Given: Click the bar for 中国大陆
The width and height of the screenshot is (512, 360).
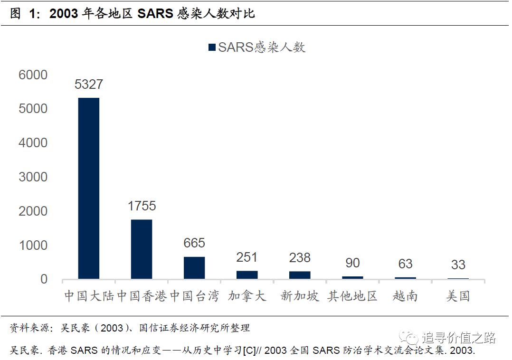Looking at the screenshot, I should pos(89,188).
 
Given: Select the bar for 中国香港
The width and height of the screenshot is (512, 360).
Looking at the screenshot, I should pos(142,249).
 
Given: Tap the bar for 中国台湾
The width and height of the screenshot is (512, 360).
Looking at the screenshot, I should pos(194,267).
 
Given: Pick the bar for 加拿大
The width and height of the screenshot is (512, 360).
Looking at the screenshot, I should pos(247,275).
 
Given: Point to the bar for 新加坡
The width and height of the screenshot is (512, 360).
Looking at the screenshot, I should pos(300,275).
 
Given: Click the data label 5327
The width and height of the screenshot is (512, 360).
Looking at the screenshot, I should pos(89,85).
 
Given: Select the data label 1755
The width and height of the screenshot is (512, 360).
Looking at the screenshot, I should pos(142,206).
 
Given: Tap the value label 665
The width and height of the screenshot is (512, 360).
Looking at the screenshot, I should pos(194,243).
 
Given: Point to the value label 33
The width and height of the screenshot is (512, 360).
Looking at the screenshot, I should pos(458,265).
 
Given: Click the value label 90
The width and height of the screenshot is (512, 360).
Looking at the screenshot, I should pos(352,263).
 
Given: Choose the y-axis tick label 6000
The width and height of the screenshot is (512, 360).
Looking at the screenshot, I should pos(33,75).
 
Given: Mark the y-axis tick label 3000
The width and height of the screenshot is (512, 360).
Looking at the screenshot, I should pos(33,177).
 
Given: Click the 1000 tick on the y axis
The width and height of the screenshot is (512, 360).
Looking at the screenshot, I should pos(33,245).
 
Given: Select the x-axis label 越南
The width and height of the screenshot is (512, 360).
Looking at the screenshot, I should pos(405,296).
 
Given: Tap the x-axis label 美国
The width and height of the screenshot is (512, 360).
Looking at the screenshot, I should pos(458,296).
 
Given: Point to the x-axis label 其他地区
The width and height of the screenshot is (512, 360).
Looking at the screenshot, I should pos(352,296).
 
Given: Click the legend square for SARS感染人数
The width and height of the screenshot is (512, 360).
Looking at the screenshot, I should pos(212,47).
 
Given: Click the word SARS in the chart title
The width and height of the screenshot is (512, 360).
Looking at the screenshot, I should pos(155,13).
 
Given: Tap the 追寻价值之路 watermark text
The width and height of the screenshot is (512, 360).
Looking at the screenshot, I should pos(458,338).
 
